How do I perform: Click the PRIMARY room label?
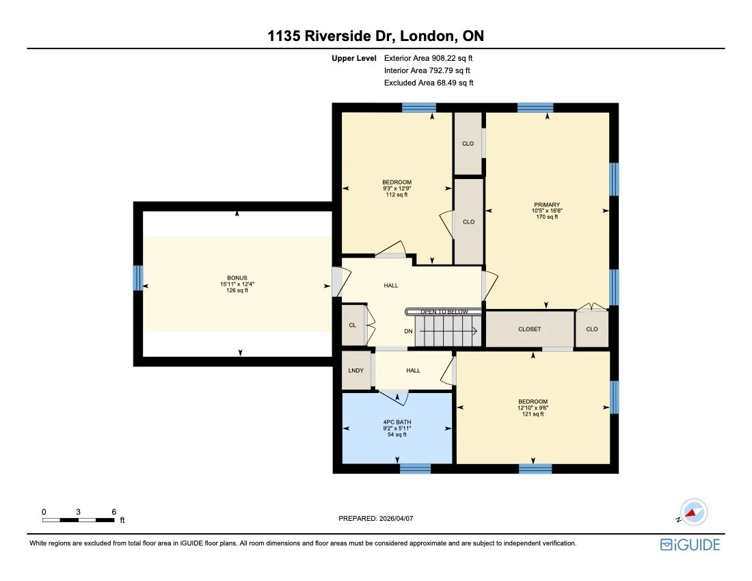547,204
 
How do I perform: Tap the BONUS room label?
237,278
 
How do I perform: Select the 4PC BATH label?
397,422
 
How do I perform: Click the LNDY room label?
355,370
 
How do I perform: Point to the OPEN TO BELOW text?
444,312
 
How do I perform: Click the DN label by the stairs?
408,332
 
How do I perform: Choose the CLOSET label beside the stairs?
529,329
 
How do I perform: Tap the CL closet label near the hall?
353,325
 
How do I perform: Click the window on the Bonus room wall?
138,278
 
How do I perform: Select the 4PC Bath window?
415,468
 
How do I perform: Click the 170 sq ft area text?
547,217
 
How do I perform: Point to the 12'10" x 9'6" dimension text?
533,407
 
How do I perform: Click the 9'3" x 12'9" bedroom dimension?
397,188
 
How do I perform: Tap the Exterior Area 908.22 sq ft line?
429,58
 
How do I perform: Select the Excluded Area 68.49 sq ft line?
429,83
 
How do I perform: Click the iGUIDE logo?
690,545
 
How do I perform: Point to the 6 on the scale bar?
113,511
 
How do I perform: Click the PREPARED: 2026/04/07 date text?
376,519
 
